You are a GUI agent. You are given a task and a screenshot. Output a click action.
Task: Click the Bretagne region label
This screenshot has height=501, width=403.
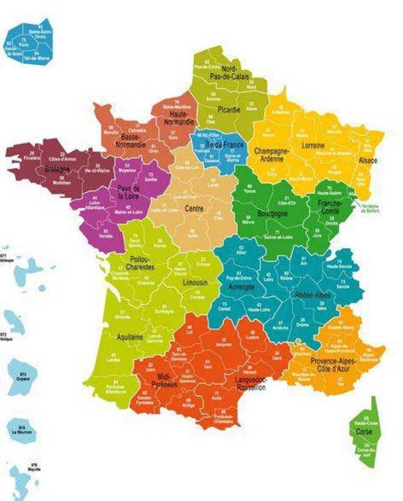(x=40, y=169)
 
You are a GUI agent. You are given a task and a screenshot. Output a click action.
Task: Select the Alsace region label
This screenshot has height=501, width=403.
(x=368, y=160)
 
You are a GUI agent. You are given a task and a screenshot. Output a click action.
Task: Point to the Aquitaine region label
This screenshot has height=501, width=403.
(x=130, y=336)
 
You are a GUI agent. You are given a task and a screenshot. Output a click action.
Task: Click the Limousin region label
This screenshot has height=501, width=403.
(x=196, y=283)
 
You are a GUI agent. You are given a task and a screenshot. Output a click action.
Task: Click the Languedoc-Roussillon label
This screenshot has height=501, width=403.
(x=250, y=383)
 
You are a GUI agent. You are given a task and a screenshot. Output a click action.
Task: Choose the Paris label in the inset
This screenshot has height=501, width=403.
(x=24, y=44)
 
